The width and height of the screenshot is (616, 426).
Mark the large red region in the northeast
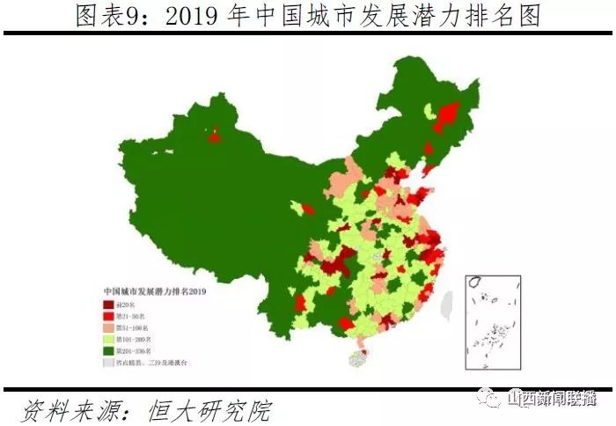448,116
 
